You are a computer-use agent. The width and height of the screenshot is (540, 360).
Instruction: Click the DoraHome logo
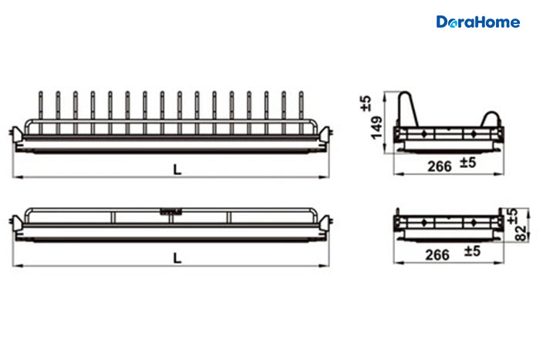478,22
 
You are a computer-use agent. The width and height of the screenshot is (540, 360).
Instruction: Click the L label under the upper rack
177,170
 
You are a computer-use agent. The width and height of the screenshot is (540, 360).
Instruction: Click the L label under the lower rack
177,258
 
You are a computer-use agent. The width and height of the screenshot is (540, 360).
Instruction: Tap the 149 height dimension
376,128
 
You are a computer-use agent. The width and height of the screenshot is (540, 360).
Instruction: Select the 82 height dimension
521,233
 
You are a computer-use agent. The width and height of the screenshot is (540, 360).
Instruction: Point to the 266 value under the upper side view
440,167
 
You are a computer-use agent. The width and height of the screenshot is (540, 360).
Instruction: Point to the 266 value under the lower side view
437,255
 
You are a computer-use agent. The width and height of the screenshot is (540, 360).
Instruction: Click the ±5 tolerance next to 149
366,103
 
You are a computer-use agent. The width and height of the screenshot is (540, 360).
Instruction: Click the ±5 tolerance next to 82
512,217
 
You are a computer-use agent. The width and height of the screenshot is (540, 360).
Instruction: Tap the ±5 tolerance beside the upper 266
468,162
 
